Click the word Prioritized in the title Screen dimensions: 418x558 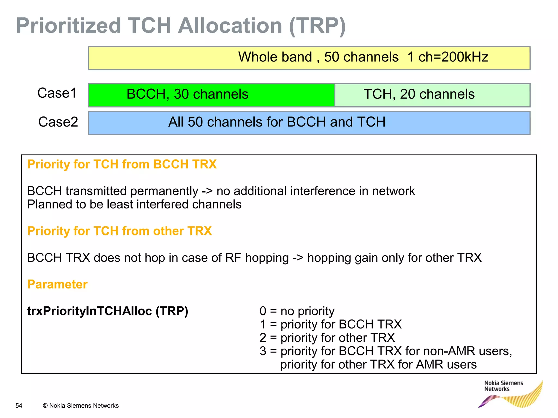click(68, 26)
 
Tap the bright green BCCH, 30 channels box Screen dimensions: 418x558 click(211, 95)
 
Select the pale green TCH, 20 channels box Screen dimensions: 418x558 click(432, 95)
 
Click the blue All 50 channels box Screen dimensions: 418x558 click(309, 123)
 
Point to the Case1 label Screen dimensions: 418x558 click(57, 93)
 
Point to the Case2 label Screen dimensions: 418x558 click(58, 122)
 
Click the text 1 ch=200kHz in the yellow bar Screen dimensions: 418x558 click(448, 57)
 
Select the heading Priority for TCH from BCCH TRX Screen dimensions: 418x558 click(122, 164)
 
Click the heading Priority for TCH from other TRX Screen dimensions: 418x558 click(119, 231)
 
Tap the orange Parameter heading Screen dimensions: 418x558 click(57, 284)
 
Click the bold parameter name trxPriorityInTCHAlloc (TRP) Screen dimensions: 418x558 click(108, 311)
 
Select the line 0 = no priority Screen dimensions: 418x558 click(297, 311)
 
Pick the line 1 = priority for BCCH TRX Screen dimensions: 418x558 click(330, 324)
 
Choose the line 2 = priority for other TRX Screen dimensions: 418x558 click(327, 338)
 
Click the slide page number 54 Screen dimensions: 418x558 click(19, 405)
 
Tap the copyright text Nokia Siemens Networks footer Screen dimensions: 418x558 click(81, 405)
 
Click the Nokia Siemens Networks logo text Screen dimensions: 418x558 click(503, 386)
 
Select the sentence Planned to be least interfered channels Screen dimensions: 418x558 click(134, 204)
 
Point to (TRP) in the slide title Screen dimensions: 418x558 click(317, 26)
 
